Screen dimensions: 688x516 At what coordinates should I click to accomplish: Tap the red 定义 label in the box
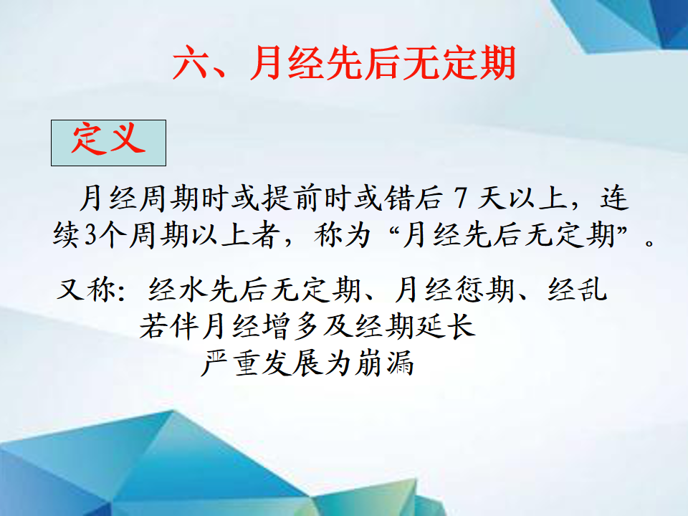pyautogui.click(x=108, y=138)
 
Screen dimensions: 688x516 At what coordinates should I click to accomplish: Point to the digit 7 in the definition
pyautogui.click(x=460, y=198)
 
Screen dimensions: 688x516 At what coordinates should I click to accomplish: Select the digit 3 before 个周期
pyautogui.click(x=90, y=235)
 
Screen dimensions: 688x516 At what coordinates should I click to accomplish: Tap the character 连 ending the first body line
pyautogui.click(x=615, y=198)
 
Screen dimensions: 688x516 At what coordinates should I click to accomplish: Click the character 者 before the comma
pyautogui.click(x=265, y=235)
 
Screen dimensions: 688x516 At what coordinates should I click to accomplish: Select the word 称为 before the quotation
pyautogui.click(x=343, y=235)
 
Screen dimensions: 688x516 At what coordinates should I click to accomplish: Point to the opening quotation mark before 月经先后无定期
pyautogui.click(x=394, y=228)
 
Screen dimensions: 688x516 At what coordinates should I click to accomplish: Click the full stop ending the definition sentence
pyautogui.click(x=649, y=243)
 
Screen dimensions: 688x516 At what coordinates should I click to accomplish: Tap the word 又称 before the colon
pyautogui.click(x=87, y=290)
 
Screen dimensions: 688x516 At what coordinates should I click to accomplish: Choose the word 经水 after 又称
pyautogui.click(x=178, y=290)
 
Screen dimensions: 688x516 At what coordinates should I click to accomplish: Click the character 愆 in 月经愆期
pyautogui.click(x=470, y=290)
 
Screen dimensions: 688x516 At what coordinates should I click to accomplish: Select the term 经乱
pyautogui.click(x=578, y=290)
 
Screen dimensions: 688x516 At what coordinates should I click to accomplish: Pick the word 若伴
pyautogui.click(x=169, y=327)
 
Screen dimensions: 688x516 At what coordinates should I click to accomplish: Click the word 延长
pyautogui.click(x=445, y=327)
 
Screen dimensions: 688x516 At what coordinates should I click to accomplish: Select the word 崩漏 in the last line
pyautogui.click(x=384, y=363)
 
